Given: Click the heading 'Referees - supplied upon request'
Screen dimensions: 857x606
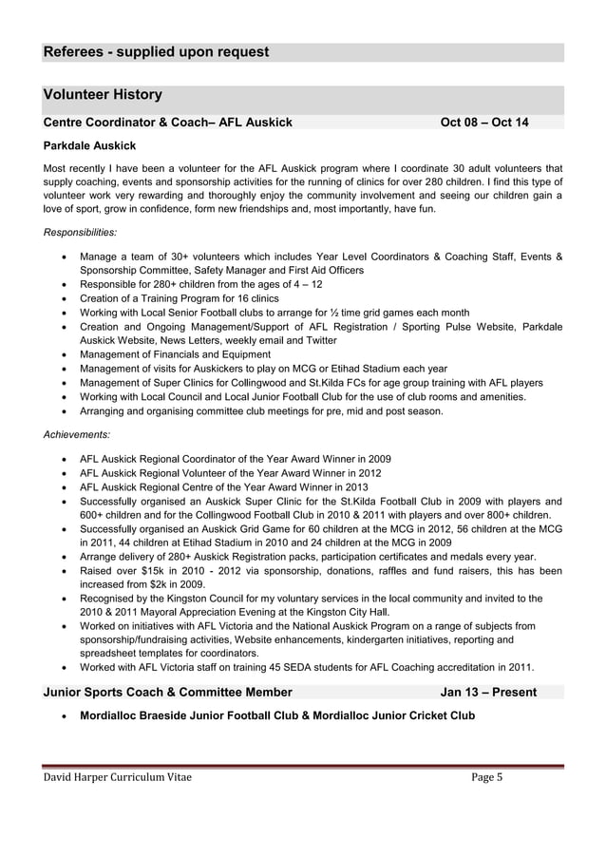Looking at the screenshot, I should (x=156, y=52).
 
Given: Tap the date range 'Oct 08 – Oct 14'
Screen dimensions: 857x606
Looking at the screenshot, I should (x=484, y=123).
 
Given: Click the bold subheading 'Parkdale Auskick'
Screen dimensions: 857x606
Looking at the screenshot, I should (x=90, y=145).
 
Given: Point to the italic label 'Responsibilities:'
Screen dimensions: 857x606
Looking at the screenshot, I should (x=81, y=232).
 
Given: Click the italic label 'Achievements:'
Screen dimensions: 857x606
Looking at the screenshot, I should (x=77, y=434).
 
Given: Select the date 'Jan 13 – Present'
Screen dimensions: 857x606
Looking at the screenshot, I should (x=488, y=693).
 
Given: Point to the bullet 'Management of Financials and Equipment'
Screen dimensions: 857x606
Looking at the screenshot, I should (x=176, y=354).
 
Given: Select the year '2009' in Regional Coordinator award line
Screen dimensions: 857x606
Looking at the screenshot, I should (x=378, y=459).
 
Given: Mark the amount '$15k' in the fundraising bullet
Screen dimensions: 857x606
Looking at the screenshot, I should (x=143, y=571).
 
